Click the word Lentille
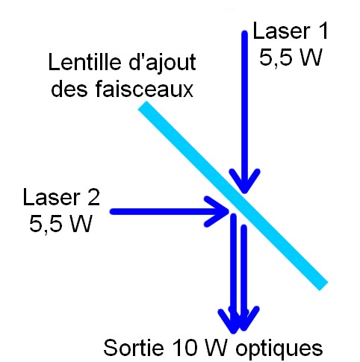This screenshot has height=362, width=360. tap(84, 62)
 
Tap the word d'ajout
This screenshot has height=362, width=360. tap(162, 63)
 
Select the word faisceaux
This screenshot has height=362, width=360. tap(144, 89)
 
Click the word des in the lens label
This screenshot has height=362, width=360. tap(69, 89)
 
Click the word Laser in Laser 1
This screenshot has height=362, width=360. tap(281, 31)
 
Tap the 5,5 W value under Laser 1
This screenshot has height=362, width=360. tap(291, 57)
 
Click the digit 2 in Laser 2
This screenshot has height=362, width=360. tap(93, 197)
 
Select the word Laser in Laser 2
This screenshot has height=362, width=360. tap(52, 197)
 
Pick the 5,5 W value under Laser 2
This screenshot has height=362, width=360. tap(60, 223)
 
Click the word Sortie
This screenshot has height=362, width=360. tap(134, 347)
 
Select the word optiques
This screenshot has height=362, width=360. tap(279, 349)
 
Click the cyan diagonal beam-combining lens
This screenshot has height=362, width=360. tap(233, 196)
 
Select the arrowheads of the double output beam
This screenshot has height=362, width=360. tap(238, 319)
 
